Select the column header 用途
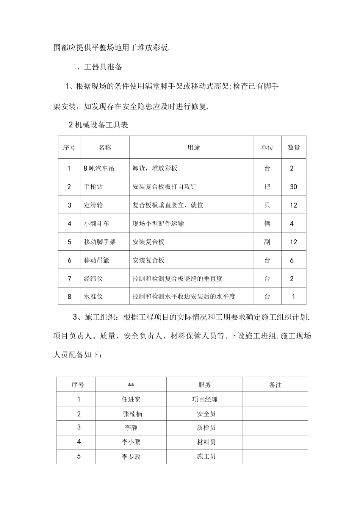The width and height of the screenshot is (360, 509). pos(193,148)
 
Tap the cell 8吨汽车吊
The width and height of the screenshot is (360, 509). pos(99,168)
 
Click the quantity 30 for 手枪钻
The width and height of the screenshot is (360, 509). pos(293,187)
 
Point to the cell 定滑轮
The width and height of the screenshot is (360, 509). pos(93,205)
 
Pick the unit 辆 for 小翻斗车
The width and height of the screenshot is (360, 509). pos(267,223)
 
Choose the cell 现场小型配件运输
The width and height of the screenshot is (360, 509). pos(158,223)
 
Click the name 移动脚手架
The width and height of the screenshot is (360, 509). pos(100,242)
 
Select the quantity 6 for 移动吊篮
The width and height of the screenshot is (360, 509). pos(292,260)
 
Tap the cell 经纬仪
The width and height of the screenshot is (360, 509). pos(93,279)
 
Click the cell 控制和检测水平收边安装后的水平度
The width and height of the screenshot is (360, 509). pos(184,297)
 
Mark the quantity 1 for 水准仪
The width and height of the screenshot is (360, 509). pos(293,297)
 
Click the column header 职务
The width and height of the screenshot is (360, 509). pos(205,385)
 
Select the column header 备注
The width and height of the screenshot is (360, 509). pos(275,385)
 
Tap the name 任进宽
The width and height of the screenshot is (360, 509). pos(131,399)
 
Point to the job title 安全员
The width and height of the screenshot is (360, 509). pos(206,414)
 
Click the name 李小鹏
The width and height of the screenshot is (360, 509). pos(131,442)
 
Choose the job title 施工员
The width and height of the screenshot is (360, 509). pos(206,457)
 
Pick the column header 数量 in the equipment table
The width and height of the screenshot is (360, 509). pos(294,148)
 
